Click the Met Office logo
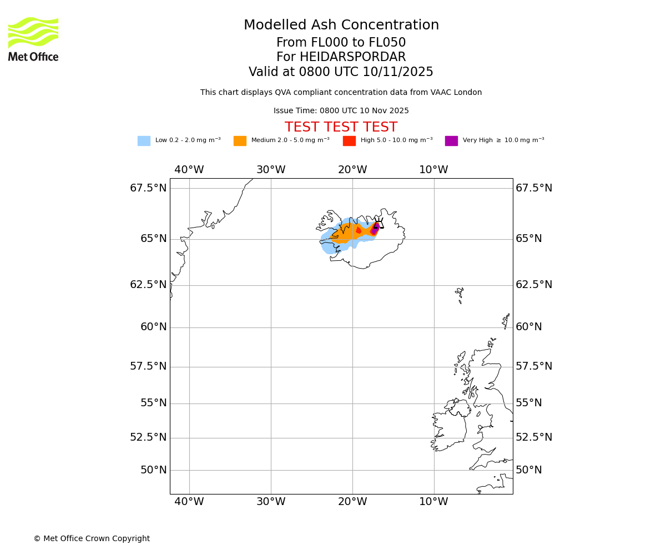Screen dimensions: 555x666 33,39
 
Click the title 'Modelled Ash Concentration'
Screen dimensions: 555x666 341,26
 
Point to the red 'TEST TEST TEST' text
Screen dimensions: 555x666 341,127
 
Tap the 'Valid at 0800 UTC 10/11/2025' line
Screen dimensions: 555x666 341,72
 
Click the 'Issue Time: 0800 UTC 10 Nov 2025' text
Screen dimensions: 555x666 341,111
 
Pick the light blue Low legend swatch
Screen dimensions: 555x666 144,141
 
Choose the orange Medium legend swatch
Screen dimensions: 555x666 240,141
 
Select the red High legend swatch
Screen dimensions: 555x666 349,141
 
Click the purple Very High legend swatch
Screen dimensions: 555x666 451,141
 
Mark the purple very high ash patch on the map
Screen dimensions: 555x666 375,229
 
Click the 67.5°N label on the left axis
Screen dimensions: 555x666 148,188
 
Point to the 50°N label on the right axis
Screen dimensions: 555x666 528,470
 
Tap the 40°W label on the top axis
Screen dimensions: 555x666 189,170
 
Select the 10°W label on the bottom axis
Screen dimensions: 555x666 433,502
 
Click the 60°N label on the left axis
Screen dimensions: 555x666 153,327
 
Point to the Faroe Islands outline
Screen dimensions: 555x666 459,294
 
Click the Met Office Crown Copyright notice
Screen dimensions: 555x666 92,538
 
